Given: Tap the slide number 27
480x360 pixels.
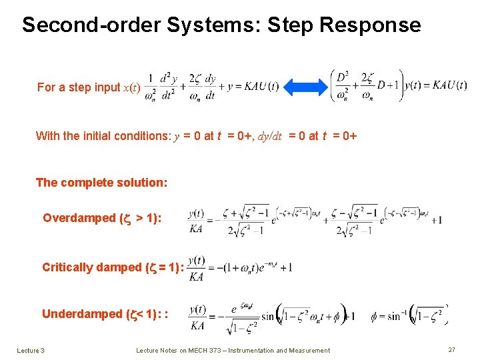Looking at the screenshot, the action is pos(451,350).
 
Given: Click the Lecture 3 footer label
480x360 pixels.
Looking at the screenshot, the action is pos(31,350).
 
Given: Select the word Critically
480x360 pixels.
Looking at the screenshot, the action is pos(67,267).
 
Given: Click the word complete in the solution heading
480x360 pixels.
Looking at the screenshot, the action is pos(86,183).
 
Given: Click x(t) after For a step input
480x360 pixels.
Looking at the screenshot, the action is pos(131,87).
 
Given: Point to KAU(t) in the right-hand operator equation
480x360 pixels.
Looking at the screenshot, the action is pos(450,85).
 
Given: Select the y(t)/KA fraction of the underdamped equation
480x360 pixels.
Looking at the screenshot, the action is pos(197,317).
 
